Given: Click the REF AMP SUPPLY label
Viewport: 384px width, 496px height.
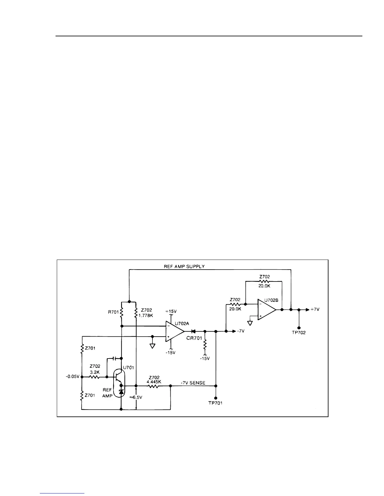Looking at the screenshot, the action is [184, 266].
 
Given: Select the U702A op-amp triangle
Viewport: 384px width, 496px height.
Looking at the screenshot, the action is [174, 331].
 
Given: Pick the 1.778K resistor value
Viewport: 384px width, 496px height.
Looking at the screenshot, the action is [146, 315].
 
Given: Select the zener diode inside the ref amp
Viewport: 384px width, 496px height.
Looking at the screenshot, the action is [121, 391].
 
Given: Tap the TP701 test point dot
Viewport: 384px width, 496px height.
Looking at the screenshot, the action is [216, 398].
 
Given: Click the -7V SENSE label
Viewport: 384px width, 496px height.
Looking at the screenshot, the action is [193, 383].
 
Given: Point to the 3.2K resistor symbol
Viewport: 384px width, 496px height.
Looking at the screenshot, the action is [95, 377].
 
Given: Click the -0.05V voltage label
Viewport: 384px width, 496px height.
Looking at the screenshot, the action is [72, 377].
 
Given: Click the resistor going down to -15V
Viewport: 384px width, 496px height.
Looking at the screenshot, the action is [205, 345].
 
